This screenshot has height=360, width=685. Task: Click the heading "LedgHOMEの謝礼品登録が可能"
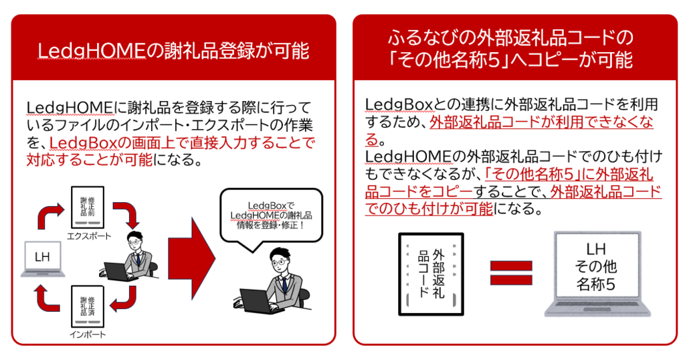[x=173, y=52]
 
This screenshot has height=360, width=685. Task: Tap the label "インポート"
[x=87, y=333]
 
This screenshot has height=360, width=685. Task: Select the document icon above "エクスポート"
[x=87, y=208]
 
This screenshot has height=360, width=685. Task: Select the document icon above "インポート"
[x=87, y=305]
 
